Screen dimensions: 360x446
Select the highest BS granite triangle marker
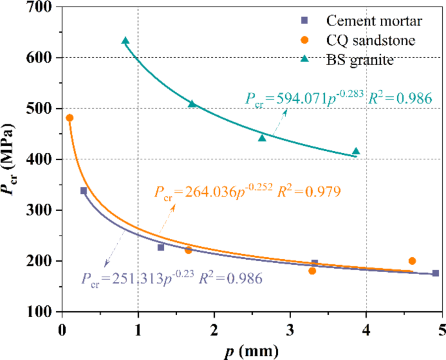[x=125, y=40]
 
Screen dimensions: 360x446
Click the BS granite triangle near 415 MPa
[x=355, y=151]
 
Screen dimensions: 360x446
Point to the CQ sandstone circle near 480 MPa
[x=70, y=118]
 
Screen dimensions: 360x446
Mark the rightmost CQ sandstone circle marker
[x=411, y=261]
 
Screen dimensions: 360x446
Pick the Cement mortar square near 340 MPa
[x=83, y=191]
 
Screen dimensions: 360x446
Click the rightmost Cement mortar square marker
[x=435, y=273]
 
